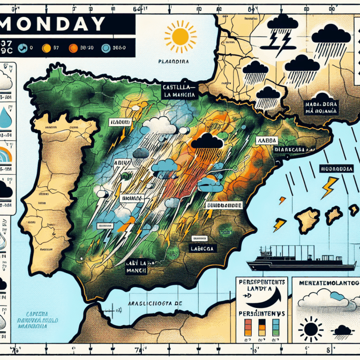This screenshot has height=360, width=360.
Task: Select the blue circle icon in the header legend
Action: coord(105,47)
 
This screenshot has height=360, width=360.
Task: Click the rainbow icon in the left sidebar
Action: coord(5,155)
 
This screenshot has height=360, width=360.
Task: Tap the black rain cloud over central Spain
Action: coord(207,141)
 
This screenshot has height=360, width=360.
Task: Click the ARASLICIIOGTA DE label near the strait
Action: coord(155,304)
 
